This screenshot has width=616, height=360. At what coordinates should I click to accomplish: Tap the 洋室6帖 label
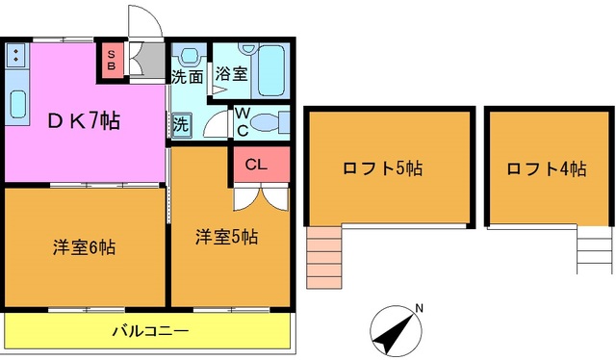84,247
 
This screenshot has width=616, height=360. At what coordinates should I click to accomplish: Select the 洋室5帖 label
227,236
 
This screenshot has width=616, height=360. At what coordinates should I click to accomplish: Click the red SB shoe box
111,61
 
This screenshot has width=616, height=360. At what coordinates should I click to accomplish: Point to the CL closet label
256,164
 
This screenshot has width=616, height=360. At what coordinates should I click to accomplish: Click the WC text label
242,121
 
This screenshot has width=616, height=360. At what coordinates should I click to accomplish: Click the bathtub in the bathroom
273,70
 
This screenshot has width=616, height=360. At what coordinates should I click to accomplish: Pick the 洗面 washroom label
186,75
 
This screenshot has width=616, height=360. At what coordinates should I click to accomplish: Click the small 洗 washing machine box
181,123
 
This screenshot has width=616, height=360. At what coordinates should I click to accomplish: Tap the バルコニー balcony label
148,332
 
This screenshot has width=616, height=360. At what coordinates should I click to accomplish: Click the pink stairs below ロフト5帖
323,257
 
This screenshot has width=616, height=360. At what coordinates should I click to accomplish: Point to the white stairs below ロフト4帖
595,253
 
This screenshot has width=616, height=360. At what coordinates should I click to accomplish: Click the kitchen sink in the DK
17,102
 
